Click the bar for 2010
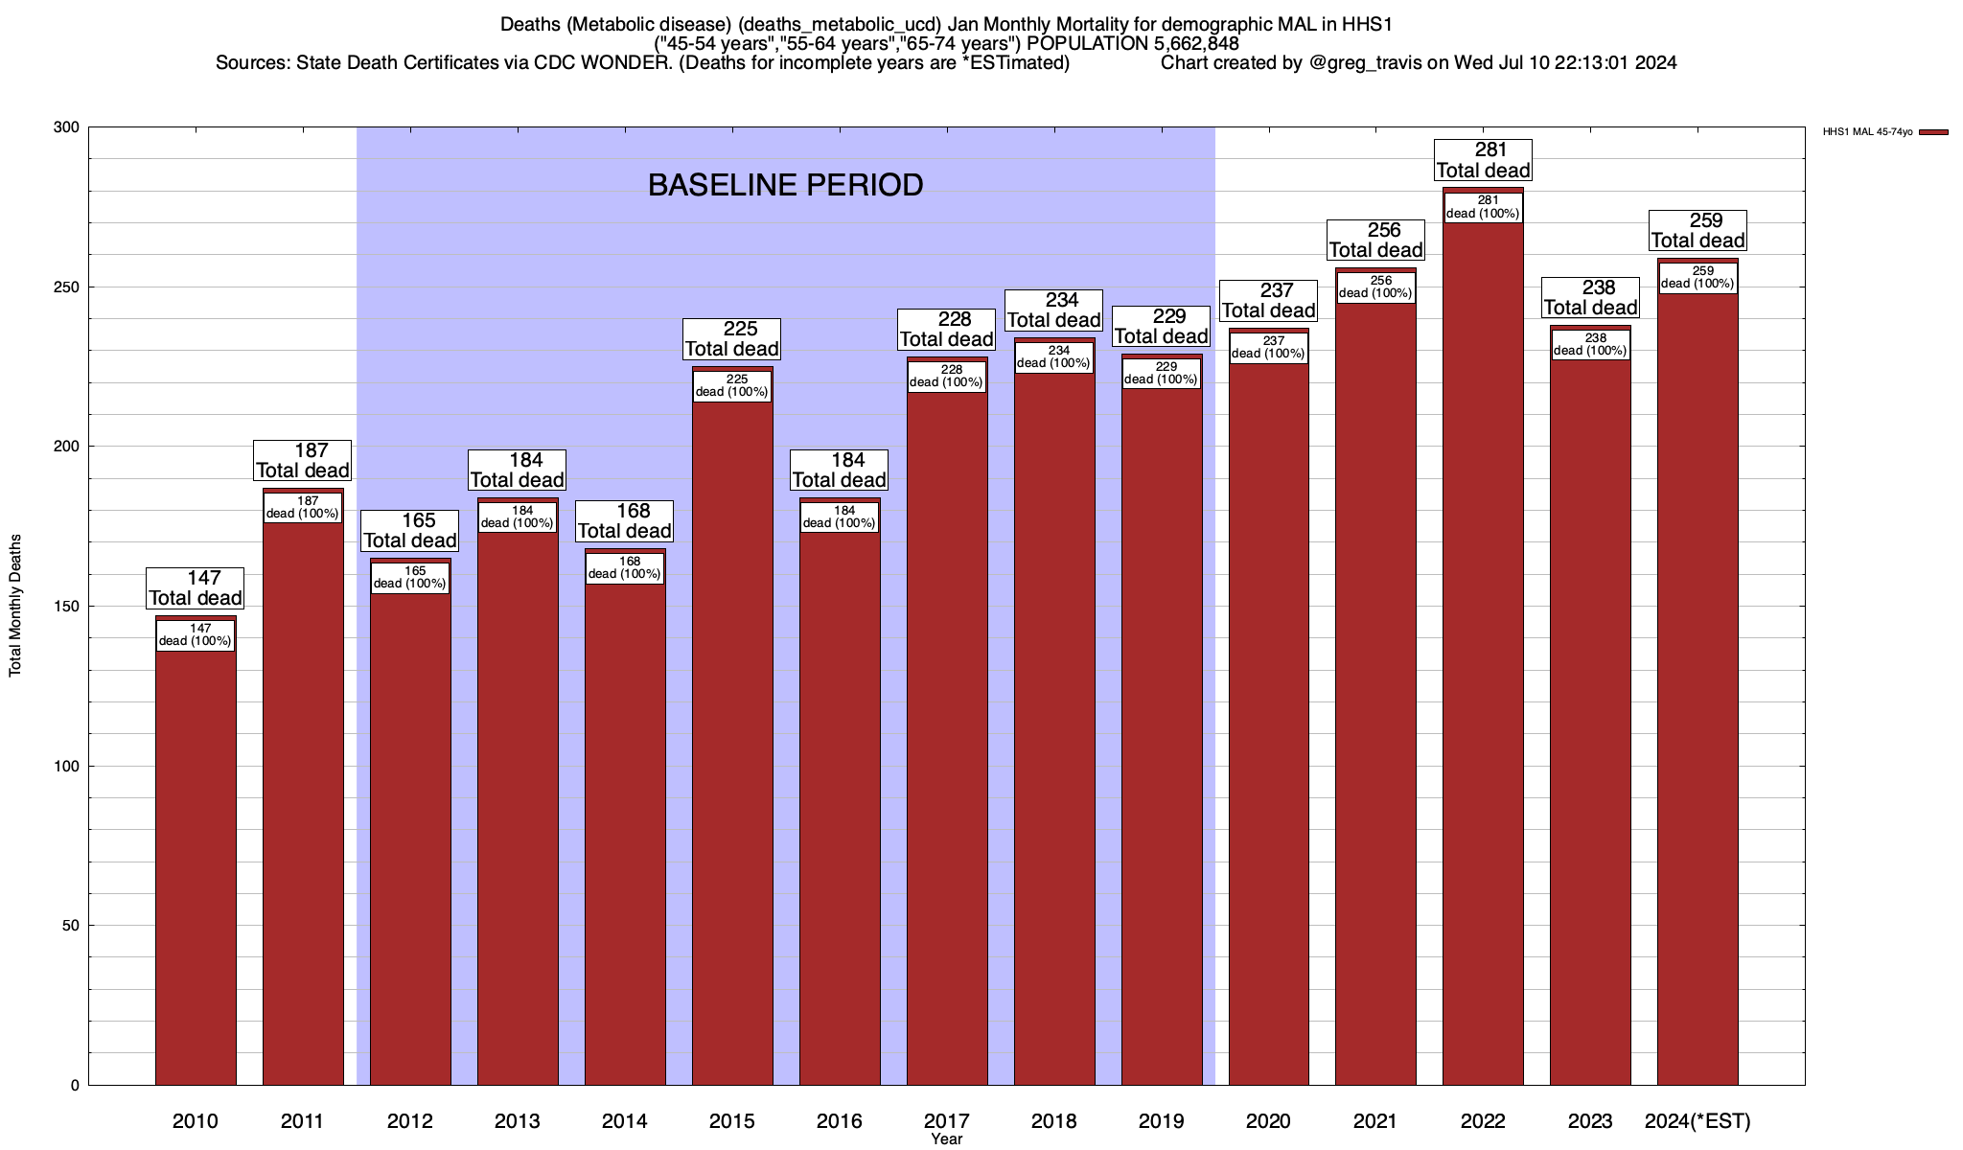point(196,862)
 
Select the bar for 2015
point(732,747)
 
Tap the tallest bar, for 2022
point(1483,671)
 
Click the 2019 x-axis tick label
point(1161,1121)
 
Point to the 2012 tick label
point(409,1121)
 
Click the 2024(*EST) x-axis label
point(1697,1121)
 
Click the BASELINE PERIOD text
point(785,185)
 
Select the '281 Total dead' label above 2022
point(1483,160)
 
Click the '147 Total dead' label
point(196,588)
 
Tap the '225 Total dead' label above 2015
point(732,339)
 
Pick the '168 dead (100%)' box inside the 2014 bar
point(625,568)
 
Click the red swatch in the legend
point(1934,132)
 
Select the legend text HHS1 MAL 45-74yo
point(1867,132)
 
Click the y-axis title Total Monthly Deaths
point(15,606)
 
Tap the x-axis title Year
point(946,1139)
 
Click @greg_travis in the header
point(1366,63)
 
